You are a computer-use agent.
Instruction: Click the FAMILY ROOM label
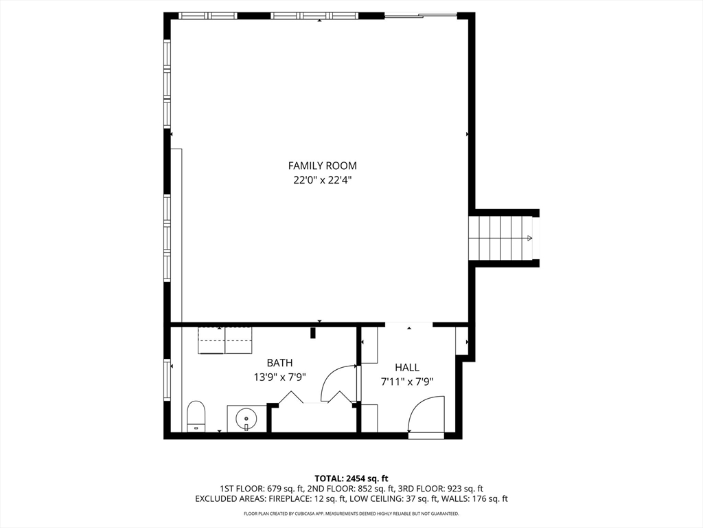[322, 166]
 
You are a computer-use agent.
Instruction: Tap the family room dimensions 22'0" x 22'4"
[322, 180]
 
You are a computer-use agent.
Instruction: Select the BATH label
[279, 363]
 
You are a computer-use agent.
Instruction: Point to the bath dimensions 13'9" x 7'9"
[279, 377]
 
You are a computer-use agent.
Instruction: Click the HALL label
[406, 368]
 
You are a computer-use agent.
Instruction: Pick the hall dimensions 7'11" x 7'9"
[406, 382]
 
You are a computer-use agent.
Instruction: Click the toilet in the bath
[196, 417]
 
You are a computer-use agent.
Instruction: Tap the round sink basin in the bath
[246, 417]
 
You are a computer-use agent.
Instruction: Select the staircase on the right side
[501, 238]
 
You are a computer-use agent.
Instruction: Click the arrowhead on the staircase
[529, 238]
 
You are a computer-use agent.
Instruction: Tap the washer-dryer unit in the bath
[225, 340]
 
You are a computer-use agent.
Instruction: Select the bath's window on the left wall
[167, 381]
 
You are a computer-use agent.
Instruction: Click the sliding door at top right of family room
[421, 15]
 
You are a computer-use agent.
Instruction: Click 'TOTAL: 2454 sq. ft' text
[351, 478]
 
